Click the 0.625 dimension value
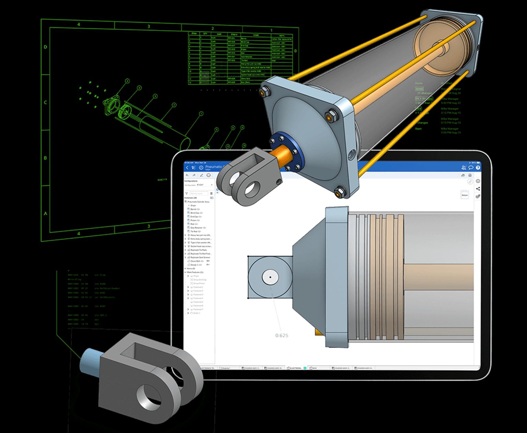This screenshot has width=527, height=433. click(x=282, y=335)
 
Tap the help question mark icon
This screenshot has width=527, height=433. click(x=478, y=168)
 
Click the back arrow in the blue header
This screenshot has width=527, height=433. click(x=187, y=168)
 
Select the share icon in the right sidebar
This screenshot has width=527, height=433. click(x=478, y=189)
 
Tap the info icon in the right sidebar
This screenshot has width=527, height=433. click(x=478, y=181)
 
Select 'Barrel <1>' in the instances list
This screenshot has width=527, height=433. click(x=195, y=209)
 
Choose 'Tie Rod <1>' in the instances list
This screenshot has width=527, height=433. click(x=195, y=231)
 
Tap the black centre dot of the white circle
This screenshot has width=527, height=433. click(x=270, y=277)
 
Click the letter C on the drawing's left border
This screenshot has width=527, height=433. click(x=45, y=102)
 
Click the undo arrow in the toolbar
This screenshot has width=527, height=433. click(x=187, y=175)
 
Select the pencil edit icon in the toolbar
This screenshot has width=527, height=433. click(x=201, y=175)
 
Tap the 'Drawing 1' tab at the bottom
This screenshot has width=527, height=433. click(x=226, y=368)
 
